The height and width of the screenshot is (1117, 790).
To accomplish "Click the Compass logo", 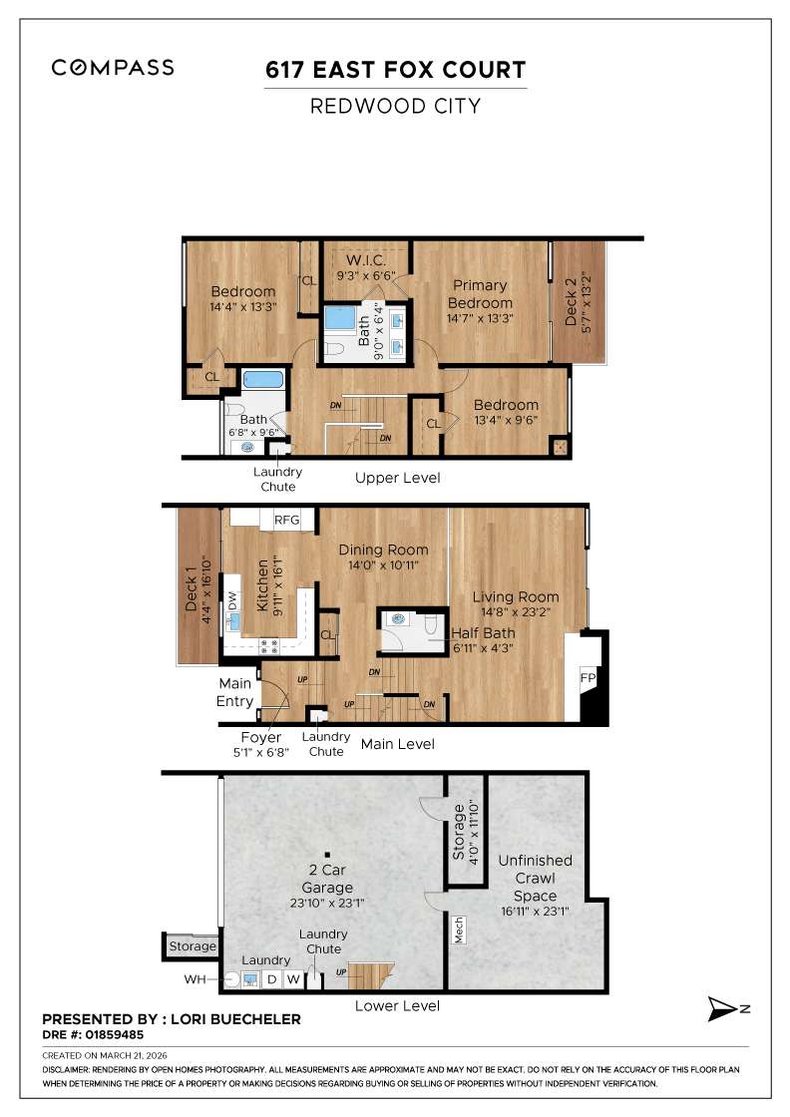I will click(x=113, y=68).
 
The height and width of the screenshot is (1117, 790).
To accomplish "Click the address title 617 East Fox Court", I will click(x=395, y=70).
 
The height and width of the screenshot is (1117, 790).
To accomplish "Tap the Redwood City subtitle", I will click(x=395, y=106).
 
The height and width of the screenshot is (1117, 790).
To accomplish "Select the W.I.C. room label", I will click(x=365, y=260).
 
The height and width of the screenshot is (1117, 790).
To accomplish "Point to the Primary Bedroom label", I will click(x=480, y=294).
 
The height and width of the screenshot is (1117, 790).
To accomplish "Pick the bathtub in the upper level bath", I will click(x=263, y=380).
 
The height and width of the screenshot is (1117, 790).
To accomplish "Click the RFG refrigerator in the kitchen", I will click(x=287, y=520).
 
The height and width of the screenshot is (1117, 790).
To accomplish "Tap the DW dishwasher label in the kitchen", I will click(x=232, y=600).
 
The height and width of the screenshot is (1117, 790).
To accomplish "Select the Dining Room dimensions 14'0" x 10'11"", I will click(x=383, y=564).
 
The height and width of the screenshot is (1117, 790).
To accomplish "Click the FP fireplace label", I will click(x=588, y=677).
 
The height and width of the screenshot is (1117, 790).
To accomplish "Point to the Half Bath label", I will click(x=483, y=633).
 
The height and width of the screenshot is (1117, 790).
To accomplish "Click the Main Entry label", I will click(x=235, y=691).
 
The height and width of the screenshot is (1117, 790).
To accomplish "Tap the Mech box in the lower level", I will click(x=460, y=931).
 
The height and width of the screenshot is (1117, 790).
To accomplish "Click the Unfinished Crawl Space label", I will click(x=535, y=877).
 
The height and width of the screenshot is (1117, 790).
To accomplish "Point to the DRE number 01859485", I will click(x=94, y=1034).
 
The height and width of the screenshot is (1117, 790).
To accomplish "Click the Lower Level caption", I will click(x=397, y=1005).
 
